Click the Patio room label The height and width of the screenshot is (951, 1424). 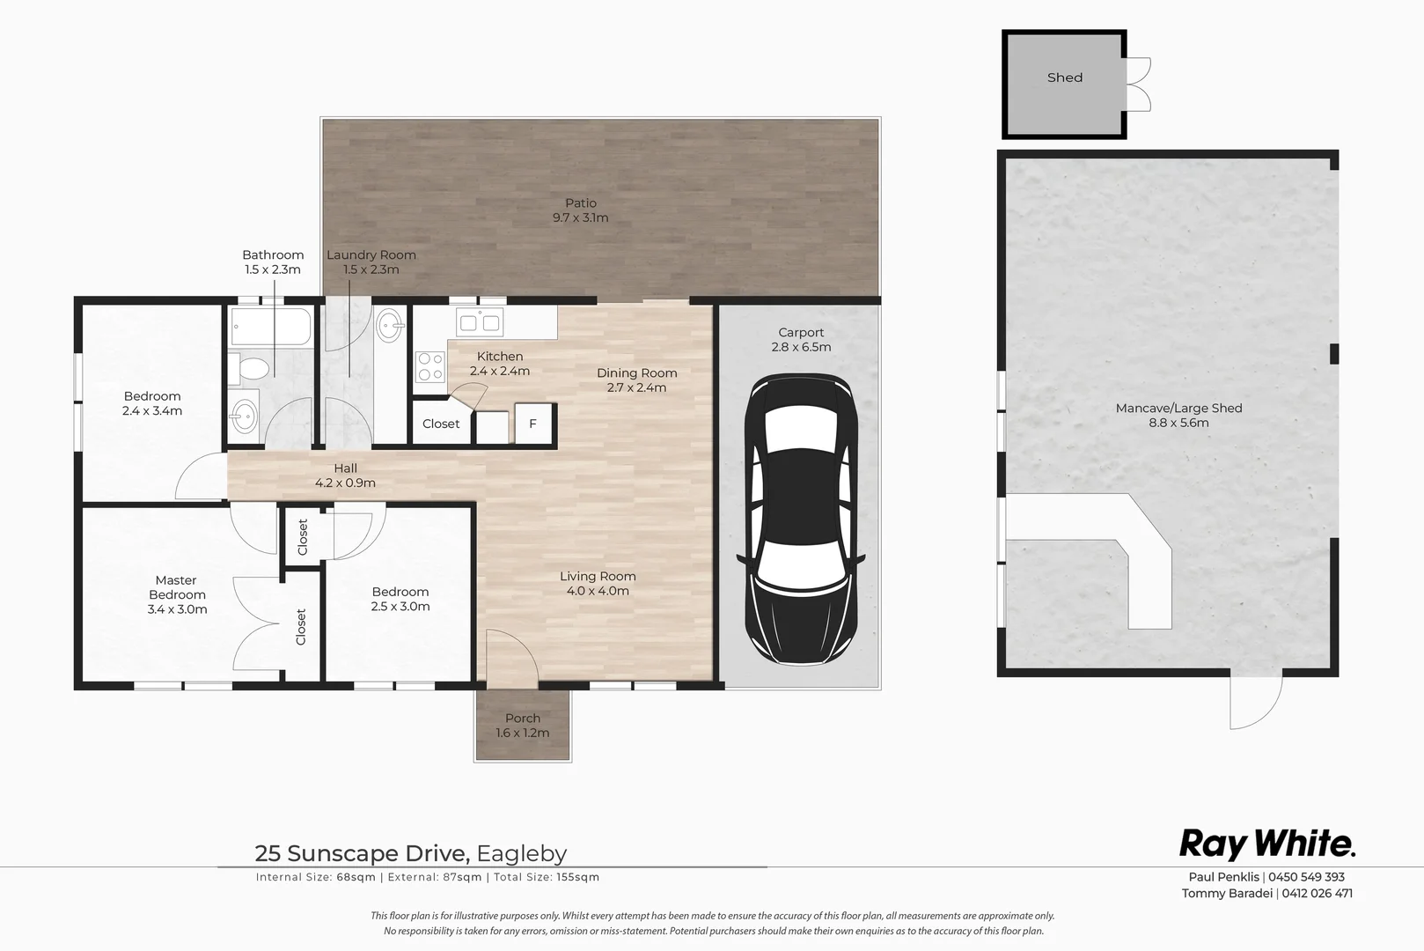coord(580,210)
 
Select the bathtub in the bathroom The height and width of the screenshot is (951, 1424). coord(271,327)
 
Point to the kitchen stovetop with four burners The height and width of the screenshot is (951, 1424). coord(429,367)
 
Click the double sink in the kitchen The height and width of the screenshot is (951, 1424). coord(480,322)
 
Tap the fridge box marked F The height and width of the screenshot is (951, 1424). coord(532,424)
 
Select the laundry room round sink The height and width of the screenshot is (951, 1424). coord(389,326)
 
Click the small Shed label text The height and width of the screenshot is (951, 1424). coord(1065,77)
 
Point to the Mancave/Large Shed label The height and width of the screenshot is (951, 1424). coord(1178,416)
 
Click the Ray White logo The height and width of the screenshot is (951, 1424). coord(1267,844)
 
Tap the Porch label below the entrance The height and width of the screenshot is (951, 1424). coord(523,726)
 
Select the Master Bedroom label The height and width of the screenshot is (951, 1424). coord(177,594)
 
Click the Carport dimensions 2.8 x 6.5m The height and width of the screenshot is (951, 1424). coord(801,347)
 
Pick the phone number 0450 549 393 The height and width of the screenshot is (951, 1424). coord(1306,876)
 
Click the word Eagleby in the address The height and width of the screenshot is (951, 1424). coord(522,853)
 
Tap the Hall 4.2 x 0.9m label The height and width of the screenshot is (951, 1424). coord(345,475)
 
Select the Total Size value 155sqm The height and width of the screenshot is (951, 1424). coord(578,877)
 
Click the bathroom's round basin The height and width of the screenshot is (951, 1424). coord(244,417)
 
